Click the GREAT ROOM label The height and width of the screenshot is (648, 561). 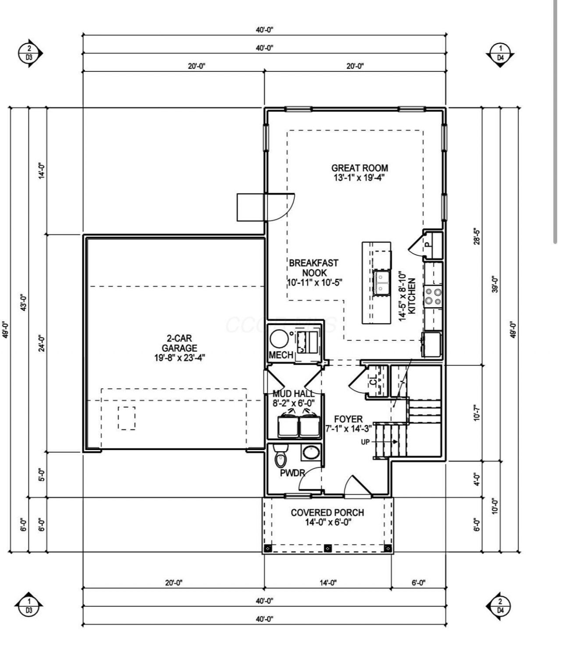pyautogui.click(x=360, y=168)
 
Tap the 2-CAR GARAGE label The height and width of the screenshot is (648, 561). pyautogui.click(x=179, y=343)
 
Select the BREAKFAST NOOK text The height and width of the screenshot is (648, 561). pyautogui.click(x=313, y=267)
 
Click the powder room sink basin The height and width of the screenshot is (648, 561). pyautogui.click(x=311, y=452)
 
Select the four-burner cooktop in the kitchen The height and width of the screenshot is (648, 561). pyautogui.click(x=433, y=297)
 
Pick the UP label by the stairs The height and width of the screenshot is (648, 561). pyautogui.click(x=366, y=442)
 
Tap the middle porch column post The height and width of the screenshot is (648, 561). pyautogui.click(x=327, y=548)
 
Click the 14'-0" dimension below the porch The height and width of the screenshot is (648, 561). pyautogui.click(x=328, y=583)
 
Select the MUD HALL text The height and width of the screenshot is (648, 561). pyautogui.click(x=293, y=394)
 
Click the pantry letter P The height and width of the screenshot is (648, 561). pyautogui.click(x=427, y=244)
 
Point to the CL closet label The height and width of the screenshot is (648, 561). pyautogui.click(x=373, y=381)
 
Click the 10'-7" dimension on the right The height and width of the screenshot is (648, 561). pyautogui.click(x=477, y=413)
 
